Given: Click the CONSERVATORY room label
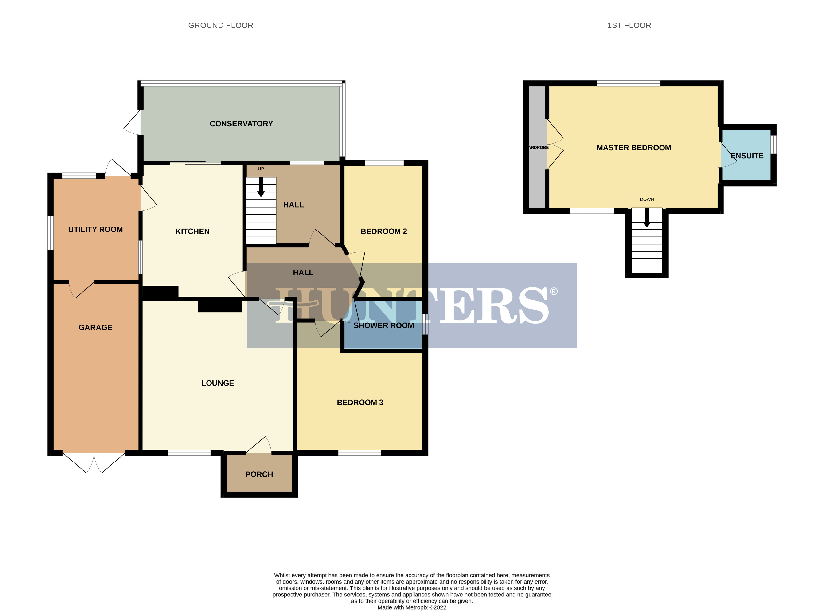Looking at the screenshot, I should coord(241,124).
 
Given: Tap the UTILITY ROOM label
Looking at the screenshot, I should coord(95,229).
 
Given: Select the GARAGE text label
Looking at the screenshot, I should coord(95,327).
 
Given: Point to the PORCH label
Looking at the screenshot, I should coord(259,474).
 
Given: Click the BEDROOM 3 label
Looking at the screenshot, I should coord(360,402).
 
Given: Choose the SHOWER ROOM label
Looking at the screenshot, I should coord(383,325).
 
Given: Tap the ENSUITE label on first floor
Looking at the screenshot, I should coord(747,156).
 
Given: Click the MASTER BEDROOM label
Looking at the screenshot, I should coord(633,148).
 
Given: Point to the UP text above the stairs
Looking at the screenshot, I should coord(261,169).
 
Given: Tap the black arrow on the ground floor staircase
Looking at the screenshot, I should coord(261,187).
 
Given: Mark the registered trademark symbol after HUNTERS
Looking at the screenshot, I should coord(553,291).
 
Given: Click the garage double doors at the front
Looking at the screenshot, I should coord(94,462).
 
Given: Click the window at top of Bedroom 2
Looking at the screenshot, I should coord(384,163).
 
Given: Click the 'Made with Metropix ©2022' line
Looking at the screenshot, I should coord(412,607).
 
